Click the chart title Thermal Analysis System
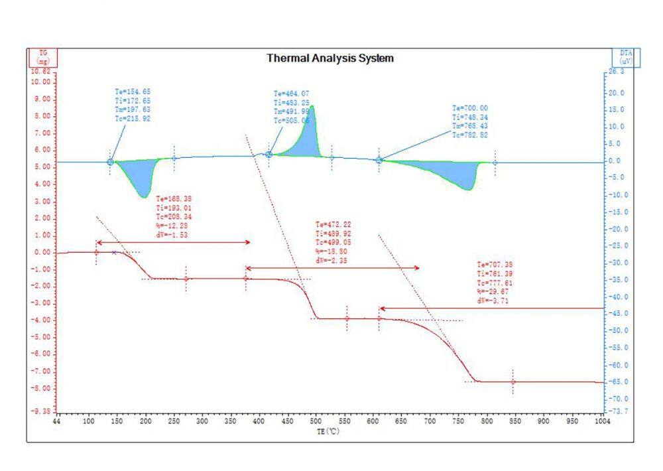330,58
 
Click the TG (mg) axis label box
43,58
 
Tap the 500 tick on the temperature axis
316,421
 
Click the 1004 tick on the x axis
602,421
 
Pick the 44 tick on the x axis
58,421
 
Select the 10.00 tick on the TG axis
41,82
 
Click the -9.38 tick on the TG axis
41,411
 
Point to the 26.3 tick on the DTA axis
617,71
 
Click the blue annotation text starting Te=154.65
133,105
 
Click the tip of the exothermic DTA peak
312,105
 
